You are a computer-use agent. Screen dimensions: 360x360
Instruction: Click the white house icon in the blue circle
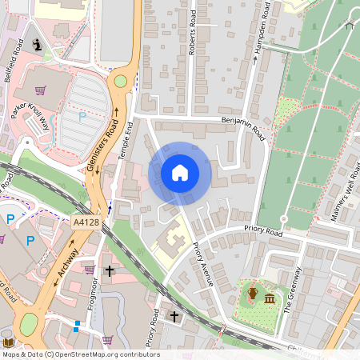point(180,173)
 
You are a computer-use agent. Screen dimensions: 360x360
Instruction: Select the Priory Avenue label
point(202,265)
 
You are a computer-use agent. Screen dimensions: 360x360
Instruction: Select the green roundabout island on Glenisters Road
point(121,80)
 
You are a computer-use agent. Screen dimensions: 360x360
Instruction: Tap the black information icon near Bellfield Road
point(36,45)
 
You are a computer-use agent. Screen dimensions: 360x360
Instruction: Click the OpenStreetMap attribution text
point(81,354)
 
